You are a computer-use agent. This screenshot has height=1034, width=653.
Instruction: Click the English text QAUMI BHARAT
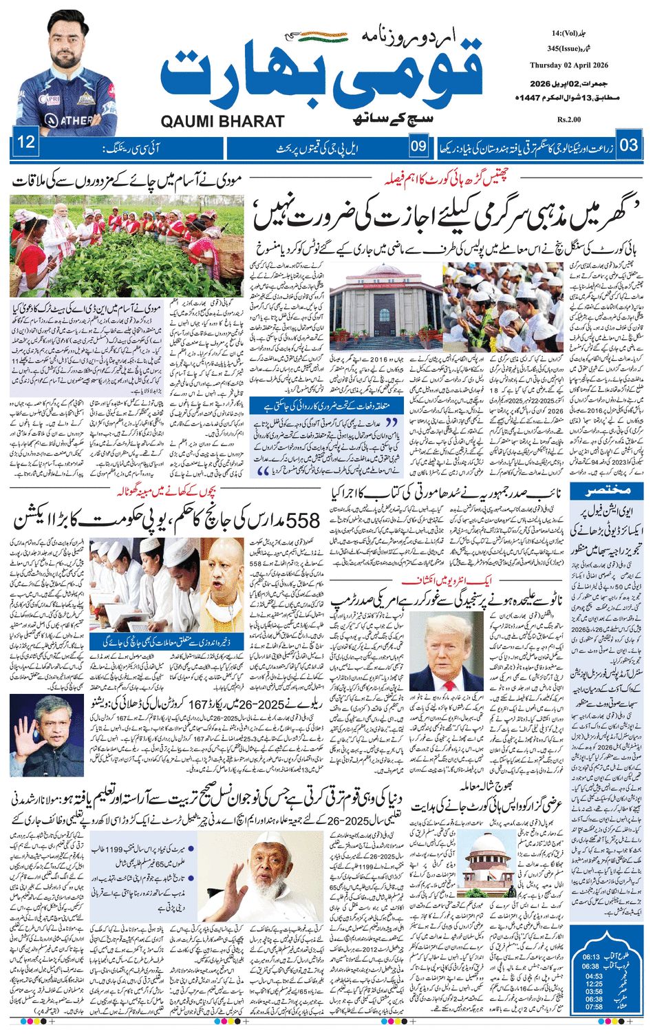[222, 121]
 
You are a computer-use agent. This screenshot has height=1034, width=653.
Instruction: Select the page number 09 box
[418, 146]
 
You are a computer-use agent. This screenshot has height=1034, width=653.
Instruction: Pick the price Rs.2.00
[570, 120]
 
